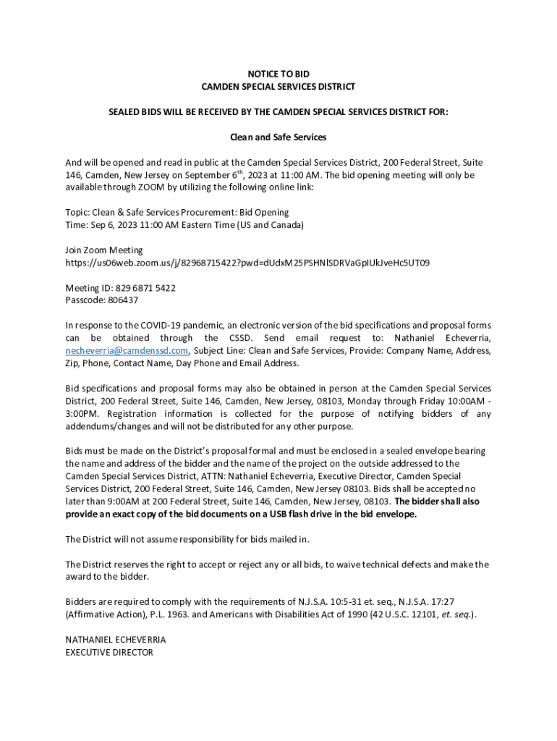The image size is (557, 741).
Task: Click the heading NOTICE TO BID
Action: click(x=278, y=74)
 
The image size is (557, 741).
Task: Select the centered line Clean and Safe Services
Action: click(x=278, y=137)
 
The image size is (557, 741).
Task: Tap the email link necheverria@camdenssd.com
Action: click(x=127, y=350)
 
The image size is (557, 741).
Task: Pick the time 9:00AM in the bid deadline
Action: click(x=120, y=501)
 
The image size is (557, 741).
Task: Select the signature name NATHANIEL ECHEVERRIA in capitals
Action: click(x=116, y=640)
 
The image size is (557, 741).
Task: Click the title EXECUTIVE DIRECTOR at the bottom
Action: click(x=109, y=652)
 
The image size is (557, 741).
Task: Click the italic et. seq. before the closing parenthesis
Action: click(x=456, y=614)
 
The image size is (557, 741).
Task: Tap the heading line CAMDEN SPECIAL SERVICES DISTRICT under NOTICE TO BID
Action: click(x=278, y=87)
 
